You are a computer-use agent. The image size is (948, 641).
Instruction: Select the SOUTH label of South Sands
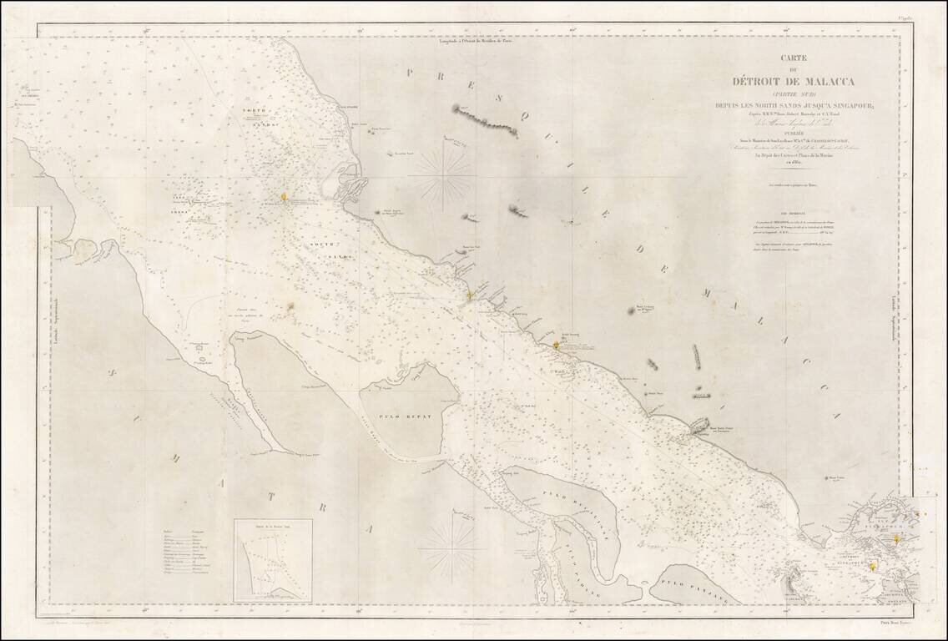click(321, 245)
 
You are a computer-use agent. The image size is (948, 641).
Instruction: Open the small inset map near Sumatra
click(273, 560)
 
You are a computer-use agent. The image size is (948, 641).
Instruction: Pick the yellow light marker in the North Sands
click(283, 197)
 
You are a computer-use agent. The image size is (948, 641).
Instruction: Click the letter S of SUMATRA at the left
click(135, 381)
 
